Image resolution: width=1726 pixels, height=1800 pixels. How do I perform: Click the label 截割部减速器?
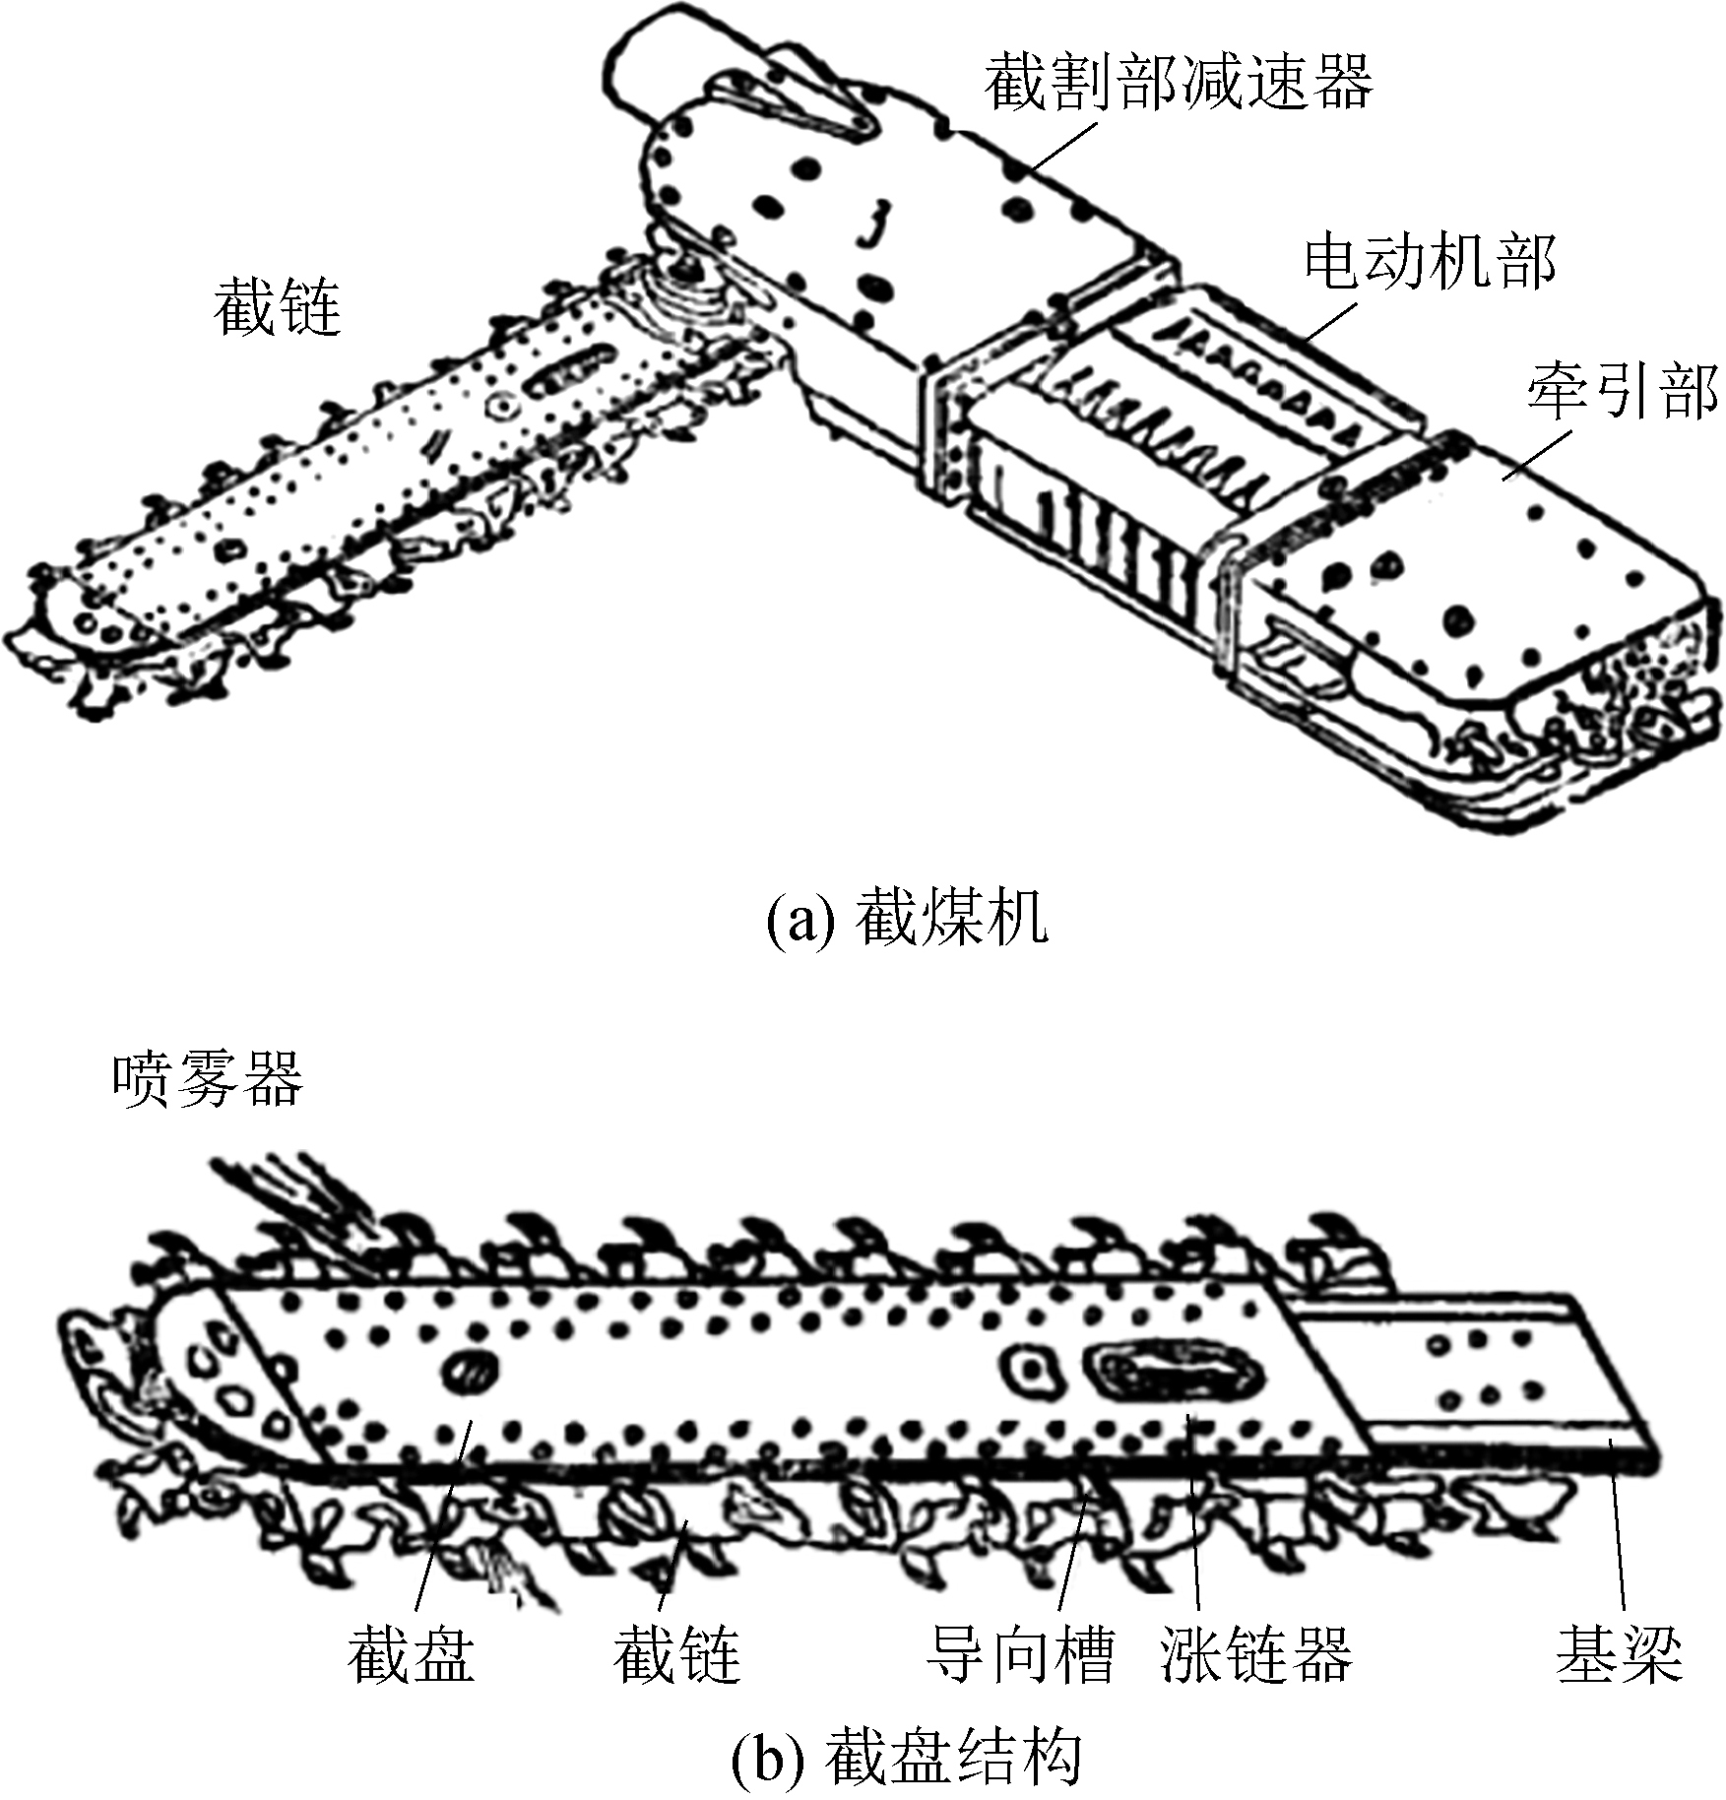(x=1178, y=82)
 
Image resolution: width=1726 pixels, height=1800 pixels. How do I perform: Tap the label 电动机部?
(x=1429, y=263)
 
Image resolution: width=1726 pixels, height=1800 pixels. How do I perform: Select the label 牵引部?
(x=1622, y=391)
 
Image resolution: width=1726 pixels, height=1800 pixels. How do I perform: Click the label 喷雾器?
(x=208, y=1080)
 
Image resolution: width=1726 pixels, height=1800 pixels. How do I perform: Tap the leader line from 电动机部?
(x=1331, y=320)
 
